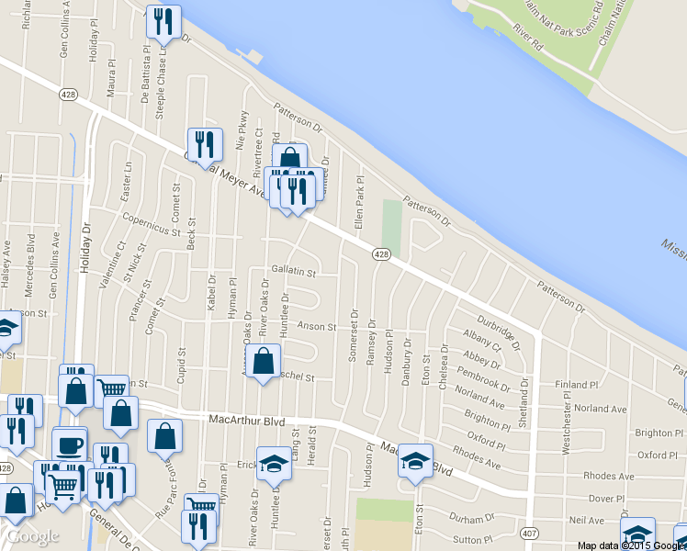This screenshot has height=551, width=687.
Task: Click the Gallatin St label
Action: pos(293,273)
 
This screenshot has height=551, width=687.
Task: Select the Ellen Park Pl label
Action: pos(360,202)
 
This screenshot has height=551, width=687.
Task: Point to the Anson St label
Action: pos(317,326)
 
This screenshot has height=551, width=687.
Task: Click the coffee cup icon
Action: pos(70,444)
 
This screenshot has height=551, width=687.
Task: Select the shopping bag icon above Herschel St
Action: pos(264,361)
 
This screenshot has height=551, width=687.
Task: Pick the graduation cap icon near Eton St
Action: pos(415,459)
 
